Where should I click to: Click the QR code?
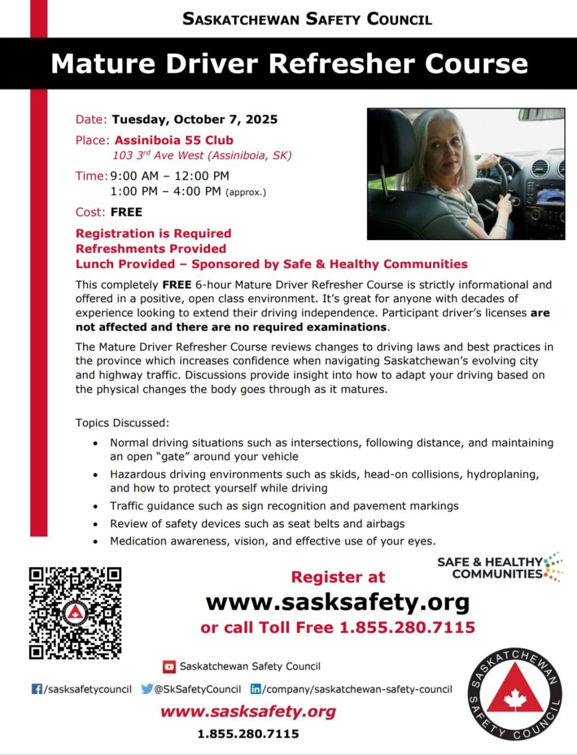[x=75, y=613]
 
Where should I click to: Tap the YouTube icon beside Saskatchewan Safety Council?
[x=169, y=667]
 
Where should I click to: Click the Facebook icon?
[x=37, y=689]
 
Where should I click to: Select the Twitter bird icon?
[x=147, y=689]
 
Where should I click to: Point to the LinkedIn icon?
[x=255, y=689]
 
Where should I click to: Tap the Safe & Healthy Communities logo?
[x=499, y=568]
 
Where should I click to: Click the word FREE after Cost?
[x=126, y=212]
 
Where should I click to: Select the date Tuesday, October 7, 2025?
[x=194, y=119]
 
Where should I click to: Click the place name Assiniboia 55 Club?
[x=174, y=140]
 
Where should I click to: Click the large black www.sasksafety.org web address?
[x=338, y=602]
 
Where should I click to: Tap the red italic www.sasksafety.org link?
[x=248, y=711]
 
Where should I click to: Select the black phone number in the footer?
[x=248, y=734]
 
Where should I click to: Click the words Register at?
[x=338, y=577]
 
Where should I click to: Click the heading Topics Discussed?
[x=122, y=423]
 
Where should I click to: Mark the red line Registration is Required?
[x=153, y=234]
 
